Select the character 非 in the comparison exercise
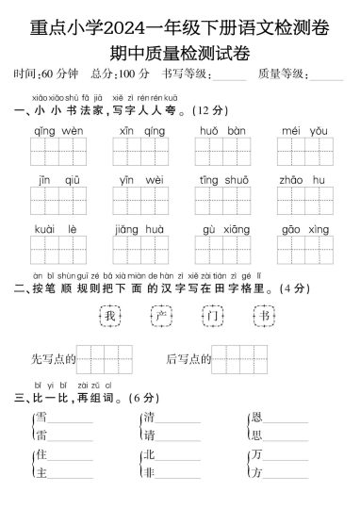tap(148, 474)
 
